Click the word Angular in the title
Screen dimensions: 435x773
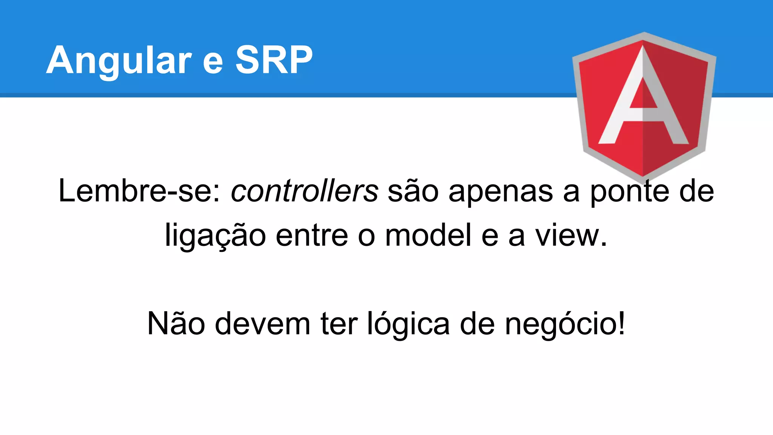119,60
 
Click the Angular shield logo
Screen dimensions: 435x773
644,108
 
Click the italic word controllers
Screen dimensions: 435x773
304,191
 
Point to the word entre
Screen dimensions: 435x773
312,236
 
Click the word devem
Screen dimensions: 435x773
263,324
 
